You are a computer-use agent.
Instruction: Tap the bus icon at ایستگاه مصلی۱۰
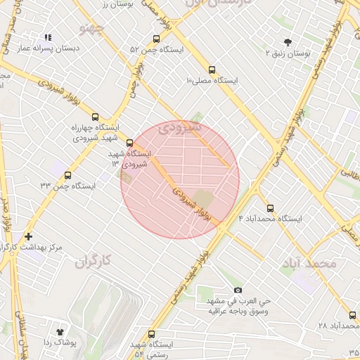[213, 70]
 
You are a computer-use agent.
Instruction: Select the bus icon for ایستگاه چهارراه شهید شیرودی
[96, 117]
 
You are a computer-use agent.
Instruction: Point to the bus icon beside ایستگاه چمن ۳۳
[67, 175]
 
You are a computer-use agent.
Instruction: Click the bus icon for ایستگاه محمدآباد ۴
[271, 207]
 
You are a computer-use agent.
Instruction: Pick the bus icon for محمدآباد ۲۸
[352, 315]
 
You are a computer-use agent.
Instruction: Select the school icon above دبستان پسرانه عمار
[48, 37]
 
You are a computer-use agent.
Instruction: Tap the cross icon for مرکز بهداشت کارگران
[28, 237]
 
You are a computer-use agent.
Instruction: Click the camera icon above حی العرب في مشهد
[238, 290]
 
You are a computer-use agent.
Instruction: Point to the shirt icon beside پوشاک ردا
[59, 330]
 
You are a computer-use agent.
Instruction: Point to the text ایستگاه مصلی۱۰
[212, 81]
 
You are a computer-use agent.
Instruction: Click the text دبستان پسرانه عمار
[47, 49]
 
